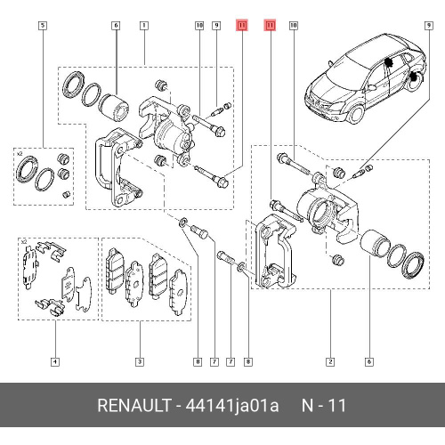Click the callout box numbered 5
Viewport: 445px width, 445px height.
(x=43, y=25)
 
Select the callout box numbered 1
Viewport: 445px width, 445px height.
(x=144, y=25)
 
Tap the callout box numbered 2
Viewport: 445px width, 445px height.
(x=330, y=361)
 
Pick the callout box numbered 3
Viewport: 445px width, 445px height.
(x=140, y=361)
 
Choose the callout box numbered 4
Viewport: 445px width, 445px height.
(x=55, y=361)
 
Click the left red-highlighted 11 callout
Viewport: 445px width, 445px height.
(x=242, y=25)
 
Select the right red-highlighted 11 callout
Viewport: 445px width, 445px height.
(x=270, y=25)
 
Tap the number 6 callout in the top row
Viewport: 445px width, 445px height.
(x=116, y=25)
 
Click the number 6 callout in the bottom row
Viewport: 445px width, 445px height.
(x=369, y=361)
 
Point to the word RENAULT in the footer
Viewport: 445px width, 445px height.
(x=134, y=405)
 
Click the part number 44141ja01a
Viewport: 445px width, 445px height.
(x=232, y=406)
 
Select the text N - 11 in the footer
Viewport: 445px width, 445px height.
(x=324, y=405)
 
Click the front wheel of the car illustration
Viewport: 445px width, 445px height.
(x=355, y=114)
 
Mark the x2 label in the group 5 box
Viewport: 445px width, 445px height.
(x=20, y=154)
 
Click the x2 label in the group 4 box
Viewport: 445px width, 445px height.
(x=24, y=242)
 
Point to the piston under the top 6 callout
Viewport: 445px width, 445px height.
(x=114, y=108)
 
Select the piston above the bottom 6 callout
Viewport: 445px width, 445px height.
(x=374, y=243)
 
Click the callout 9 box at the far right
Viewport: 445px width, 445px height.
(x=429, y=25)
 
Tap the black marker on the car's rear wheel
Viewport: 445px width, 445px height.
(x=413, y=78)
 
